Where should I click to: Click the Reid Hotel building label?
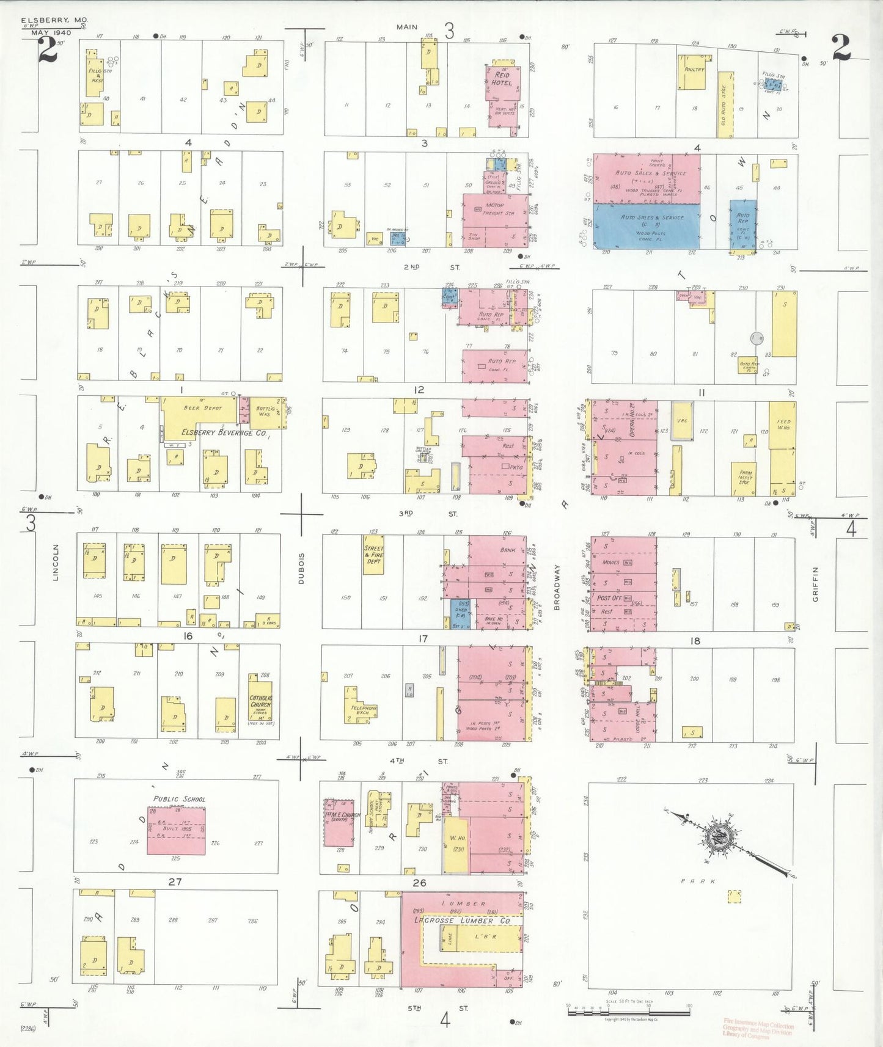pyautogui.click(x=502, y=79)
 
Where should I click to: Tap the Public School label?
pyautogui.click(x=179, y=799)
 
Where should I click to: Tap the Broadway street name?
pyautogui.click(x=557, y=587)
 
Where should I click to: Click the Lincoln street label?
pyautogui.click(x=56, y=562)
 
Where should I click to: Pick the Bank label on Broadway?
pyautogui.click(x=508, y=550)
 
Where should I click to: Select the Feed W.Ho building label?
pyautogui.click(x=783, y=425)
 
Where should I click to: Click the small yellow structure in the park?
pyautogui.click(x=735, y=896)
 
